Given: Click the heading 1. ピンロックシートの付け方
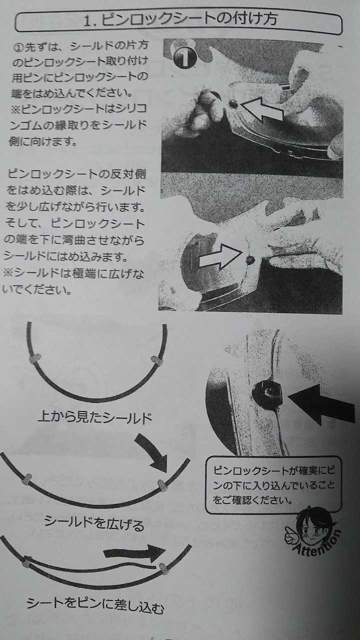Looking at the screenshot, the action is [180, 20].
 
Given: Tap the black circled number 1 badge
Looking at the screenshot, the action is [184, 57].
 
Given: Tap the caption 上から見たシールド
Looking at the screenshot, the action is [95, 417].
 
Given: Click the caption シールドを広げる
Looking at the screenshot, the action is [94, 522].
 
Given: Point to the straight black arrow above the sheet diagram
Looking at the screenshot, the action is [134, 552].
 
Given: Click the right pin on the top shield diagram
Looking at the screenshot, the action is [156, 360].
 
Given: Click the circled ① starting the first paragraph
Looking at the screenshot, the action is [19, 47].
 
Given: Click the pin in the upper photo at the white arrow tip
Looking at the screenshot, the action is [233, 104].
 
